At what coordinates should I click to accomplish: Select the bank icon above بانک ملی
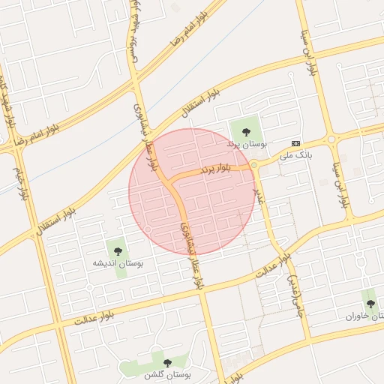(295, 143)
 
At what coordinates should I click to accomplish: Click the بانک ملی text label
(295, 155)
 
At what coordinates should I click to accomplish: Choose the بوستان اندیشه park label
(117, 263)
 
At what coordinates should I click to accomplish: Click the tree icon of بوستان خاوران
(370, 304)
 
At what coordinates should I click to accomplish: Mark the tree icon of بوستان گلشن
(167, 363)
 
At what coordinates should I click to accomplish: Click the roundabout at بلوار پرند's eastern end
(254, 165)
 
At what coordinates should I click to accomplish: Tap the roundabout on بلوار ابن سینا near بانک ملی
(330, 139)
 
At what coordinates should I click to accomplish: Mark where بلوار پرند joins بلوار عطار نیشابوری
(172, 181)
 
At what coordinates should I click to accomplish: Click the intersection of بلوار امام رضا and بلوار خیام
(16, 147)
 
